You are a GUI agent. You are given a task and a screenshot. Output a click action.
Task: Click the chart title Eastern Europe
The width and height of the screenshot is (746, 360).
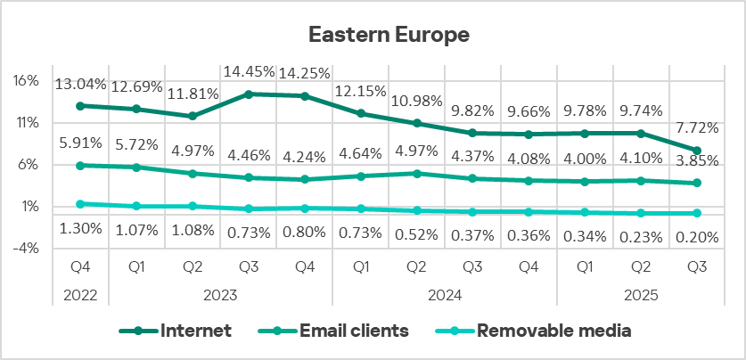pos(389,35)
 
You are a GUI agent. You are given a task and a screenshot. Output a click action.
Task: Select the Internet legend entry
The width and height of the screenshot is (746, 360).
pos(196,331)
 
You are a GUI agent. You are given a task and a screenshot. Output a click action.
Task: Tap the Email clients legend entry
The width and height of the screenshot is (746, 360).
pos(354,331)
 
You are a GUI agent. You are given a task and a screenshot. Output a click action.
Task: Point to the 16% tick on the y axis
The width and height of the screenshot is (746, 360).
pos(27,80)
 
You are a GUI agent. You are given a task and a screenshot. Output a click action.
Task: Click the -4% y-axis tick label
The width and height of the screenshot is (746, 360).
pos(27,249)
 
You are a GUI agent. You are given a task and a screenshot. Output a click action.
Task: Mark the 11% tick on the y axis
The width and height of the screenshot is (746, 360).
pos(27,122)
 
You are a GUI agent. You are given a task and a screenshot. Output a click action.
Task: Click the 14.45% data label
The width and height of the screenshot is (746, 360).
pos(249,72)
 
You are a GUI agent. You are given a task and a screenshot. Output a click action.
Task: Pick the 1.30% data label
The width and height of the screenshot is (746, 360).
pos(81,230)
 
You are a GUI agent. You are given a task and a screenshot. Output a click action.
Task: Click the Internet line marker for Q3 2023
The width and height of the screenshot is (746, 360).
pos(249,94)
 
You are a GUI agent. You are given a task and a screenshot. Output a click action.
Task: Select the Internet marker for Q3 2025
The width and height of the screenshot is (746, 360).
pos(697,151)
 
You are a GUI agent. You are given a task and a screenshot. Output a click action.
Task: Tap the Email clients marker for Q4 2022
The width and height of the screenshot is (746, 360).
pos(81,166)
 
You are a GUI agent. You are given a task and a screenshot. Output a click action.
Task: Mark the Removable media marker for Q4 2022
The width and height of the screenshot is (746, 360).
pos(81,204)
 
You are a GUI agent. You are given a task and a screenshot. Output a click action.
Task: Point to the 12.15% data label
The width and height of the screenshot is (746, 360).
pos(361,93)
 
